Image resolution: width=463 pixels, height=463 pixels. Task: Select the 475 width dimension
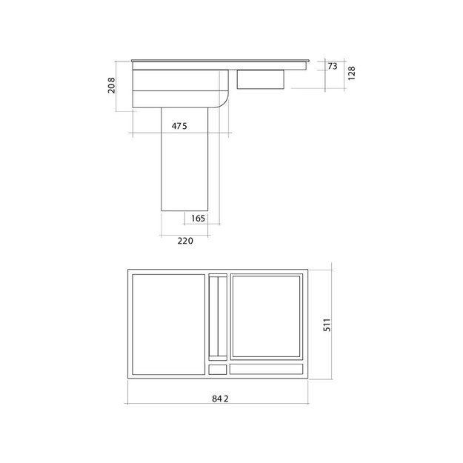pyautogui.click(x=179, y=126)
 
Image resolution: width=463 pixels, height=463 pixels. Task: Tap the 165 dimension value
pyautogui.click(x=197, y=218)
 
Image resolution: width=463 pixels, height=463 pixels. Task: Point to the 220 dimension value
pyautogui.click(x=184, y=241)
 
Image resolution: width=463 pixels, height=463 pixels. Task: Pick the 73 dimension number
pyautogui.click(x=332, y=67)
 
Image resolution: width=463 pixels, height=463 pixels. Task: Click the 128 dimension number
pyautogui.click(x=353, y=74)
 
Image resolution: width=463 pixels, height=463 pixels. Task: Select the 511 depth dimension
pyautogui.click(x=326, y=324)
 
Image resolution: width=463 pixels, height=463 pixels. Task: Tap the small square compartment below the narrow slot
pyautogui.click(x=218, y=368)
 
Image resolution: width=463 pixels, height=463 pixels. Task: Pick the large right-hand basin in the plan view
pyautogui.click(x=267, y=316)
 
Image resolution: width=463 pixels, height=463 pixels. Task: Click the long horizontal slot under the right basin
pyautogui.click(x=267, y=368)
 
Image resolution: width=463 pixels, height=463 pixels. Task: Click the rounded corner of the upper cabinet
pyautogui.click(x=224, y=101)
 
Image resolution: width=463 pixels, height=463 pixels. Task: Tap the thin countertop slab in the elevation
pyautogui.click(x=220, y=60)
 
